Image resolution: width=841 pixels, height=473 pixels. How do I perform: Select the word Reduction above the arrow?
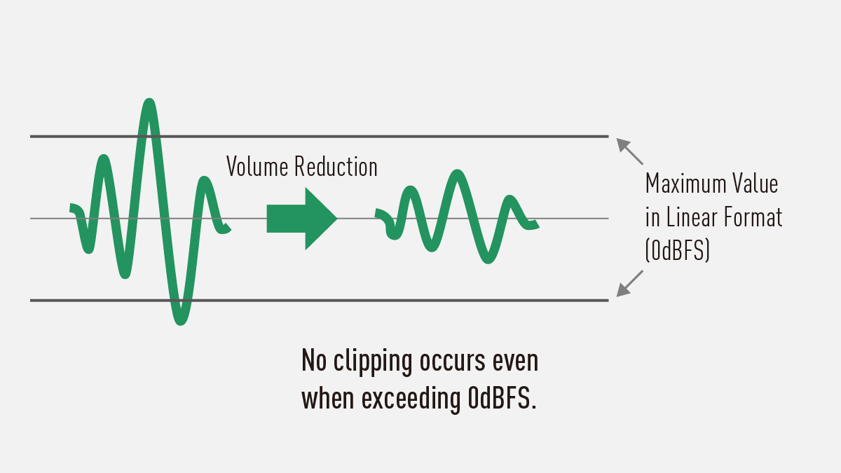tap(336, 167)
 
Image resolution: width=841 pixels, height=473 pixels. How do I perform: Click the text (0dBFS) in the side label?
tap(678, 251)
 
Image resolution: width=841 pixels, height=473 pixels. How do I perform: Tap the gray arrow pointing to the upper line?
tap(629, 151)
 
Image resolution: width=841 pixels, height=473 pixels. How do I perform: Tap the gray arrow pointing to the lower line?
tap(629, 283)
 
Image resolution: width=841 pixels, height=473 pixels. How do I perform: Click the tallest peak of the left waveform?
tap(148, 104)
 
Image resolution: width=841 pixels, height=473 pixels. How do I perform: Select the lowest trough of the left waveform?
tap(180, 320)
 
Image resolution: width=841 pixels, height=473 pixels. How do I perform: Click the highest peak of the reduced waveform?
tap(458, 174)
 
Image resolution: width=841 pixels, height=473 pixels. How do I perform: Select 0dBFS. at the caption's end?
tap(500, 399)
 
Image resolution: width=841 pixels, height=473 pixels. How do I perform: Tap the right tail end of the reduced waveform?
tap(535, 224)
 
